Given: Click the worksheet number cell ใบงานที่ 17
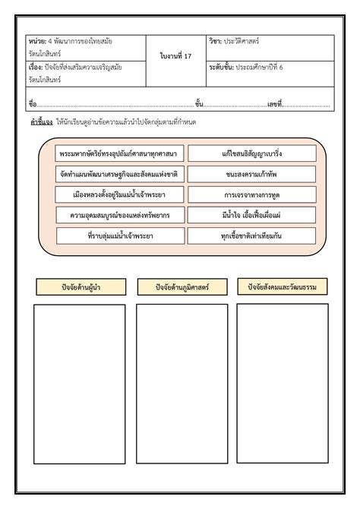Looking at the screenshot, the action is pos(175,56).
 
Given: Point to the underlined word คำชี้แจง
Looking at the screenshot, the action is pos(41,122).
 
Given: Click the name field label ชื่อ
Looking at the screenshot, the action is pos(32,103).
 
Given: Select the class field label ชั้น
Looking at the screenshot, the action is pos(199,103).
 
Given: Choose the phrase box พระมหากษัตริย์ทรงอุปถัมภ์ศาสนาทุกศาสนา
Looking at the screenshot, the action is pos(120,153).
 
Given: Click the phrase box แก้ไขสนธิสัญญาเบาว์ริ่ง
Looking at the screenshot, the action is pos(252,153).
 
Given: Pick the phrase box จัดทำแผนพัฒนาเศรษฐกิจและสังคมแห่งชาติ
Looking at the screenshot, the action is pos(120,174).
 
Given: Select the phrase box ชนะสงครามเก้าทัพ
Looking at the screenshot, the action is pos(252,174).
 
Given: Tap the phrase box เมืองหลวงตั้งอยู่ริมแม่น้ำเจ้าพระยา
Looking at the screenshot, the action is pos(120,194).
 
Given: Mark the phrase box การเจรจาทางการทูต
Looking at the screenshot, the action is pos(252,194).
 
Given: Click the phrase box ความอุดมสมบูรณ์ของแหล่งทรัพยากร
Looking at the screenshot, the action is pos(120,215).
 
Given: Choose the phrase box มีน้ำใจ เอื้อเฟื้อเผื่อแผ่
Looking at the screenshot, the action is pos(252,215).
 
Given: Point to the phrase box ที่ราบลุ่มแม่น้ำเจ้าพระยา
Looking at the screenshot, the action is pos(120,236).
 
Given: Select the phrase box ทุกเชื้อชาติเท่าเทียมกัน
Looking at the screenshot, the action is pos(252,236).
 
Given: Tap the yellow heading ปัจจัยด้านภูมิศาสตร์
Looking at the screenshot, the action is pos(182,286).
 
